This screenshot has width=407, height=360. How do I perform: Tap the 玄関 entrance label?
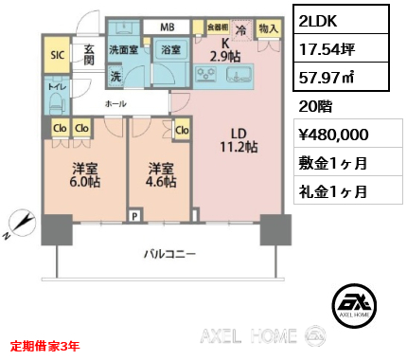tap(88, 54)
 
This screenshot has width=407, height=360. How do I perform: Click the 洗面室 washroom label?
tap(124, 49)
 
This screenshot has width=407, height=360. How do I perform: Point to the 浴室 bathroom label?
tap(170, 49)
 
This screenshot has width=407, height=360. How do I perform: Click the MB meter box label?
tap(167, 27)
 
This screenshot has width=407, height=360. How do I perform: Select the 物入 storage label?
tap(268, 30)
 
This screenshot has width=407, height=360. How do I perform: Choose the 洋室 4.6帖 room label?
tap(160, 177)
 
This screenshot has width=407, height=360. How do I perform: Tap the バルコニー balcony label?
tap(169, 253)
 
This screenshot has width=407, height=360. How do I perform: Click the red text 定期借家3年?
tap(45, 345)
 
